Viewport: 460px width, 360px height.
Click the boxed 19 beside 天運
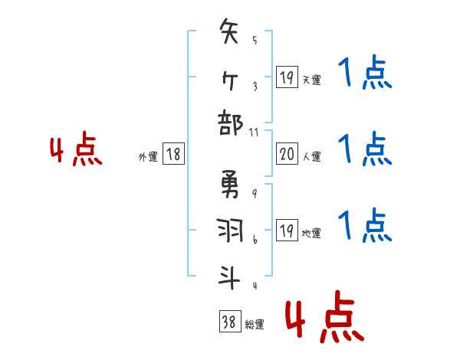[x=287, y=78]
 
